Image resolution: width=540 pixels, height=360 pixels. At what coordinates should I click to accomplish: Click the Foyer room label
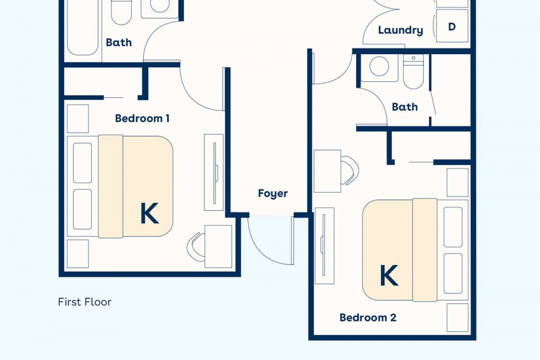point(273,193)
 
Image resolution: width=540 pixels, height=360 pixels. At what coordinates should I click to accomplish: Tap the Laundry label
point(401,30)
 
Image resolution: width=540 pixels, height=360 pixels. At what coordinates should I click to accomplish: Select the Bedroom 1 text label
point(142,118)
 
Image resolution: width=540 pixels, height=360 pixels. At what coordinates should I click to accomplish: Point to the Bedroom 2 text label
point(368,317)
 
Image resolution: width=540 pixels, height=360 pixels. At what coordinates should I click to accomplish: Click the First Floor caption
point(85,302)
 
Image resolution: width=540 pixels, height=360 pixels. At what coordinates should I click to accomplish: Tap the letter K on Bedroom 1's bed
point(150,213)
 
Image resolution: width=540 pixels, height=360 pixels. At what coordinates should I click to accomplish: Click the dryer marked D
point(452,26)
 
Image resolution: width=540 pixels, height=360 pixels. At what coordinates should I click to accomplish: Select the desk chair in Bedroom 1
point(195,247)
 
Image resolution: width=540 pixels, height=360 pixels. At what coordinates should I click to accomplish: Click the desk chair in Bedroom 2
point(350,170)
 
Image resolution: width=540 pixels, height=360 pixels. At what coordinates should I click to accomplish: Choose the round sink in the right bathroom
point(379,66)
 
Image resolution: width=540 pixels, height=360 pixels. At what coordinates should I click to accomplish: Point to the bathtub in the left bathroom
point(83,27)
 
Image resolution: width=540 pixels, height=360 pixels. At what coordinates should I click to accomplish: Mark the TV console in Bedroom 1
point(214,172)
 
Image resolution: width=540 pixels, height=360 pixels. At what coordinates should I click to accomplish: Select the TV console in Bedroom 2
point(325,246)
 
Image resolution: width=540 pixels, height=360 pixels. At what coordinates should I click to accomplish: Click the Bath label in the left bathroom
point(119,42)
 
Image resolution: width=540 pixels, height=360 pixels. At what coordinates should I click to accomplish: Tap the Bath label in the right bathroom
point(404,107)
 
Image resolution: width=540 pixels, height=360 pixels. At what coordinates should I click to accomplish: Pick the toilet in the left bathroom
point(121,12)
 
